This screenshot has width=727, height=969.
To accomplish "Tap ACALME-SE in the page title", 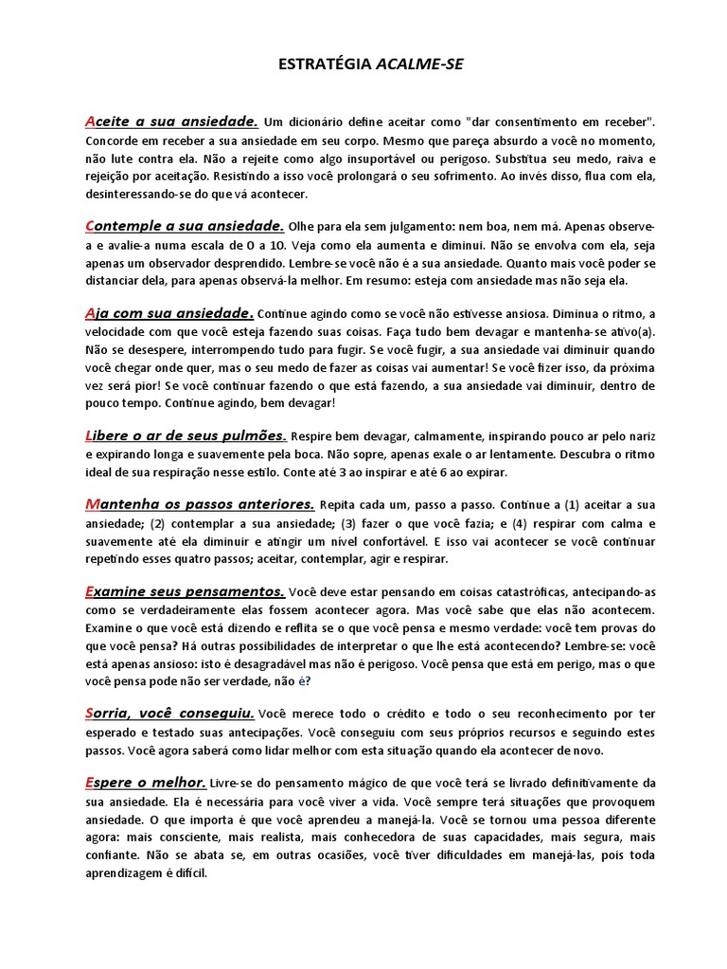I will pos(420,64).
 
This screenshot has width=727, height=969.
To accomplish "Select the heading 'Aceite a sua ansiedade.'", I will pos(171,121).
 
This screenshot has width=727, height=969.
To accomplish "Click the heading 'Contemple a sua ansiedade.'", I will pos(185,226).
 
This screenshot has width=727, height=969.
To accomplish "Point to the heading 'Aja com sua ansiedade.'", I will pos(169,313).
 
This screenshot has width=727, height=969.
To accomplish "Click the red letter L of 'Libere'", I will pos(89,435).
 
